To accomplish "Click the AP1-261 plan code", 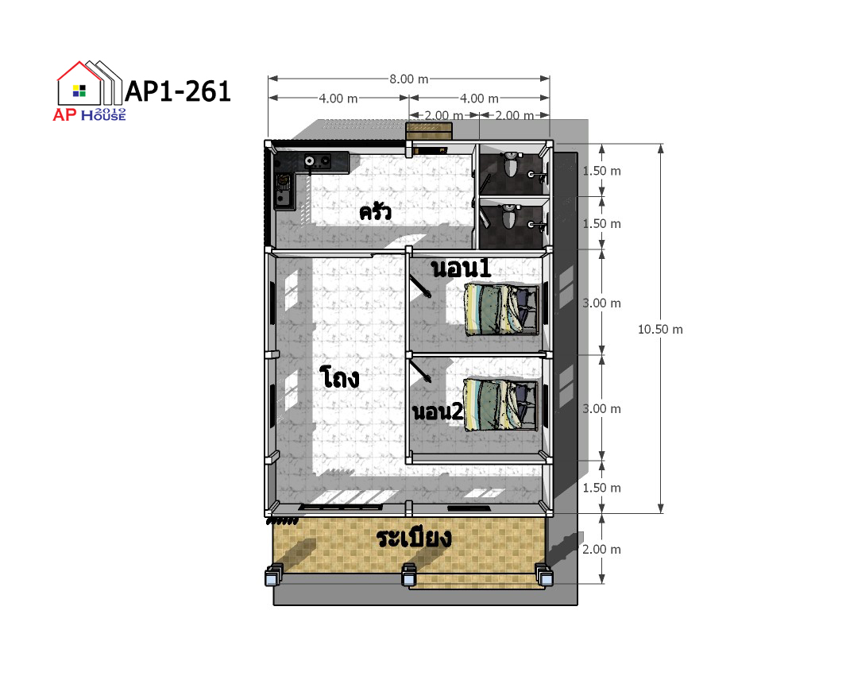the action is pyautogui.click(x=177, y=91).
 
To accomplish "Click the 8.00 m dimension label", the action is pyautogui.click(x=409, y=79).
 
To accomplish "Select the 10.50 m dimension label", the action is pyautogui.click(x=660, y=329).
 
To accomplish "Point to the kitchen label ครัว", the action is pyautogui.click(x=376, y=211).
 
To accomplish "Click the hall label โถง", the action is pyautogui.click(x=339, y=377).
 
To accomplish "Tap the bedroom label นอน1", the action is pyautogui.click(x=462, y=268).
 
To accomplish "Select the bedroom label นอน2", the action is pyautogui.click(x=438, y=411).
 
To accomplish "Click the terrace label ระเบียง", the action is pyautogui.click(x=414, y=537).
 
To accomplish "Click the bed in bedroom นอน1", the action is pyautogui.click(x=502, y=310).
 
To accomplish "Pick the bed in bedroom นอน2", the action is pyautogui.click(x=500, y=404).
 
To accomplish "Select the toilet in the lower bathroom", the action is pyautogui.click(x=509, y=217).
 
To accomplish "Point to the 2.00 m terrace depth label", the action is pyautogui.click(x=601, y=549).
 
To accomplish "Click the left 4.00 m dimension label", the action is pyautogui.click(x=338, y=99).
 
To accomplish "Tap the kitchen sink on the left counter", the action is pyautogui.click(x=284, y=190).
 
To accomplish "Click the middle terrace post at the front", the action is pyautogui.click(x=408, y=575).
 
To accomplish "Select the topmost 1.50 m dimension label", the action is pyautogui.click(x=601, y=171).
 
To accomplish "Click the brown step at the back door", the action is pyautogui.click(x=429, y=130).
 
